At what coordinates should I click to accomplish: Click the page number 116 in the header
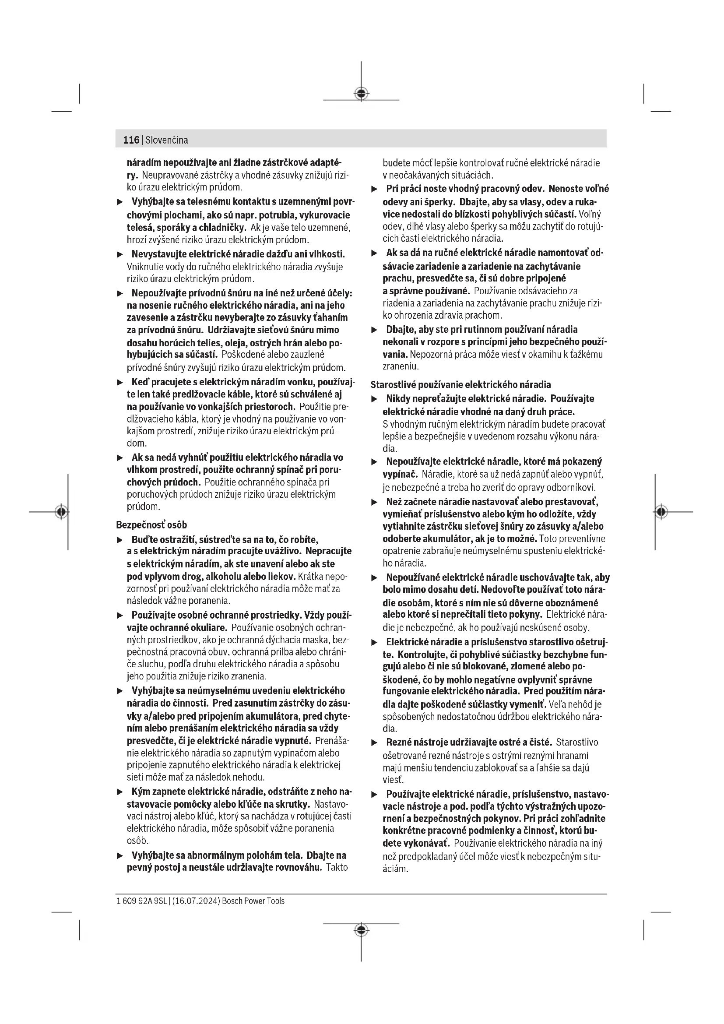[x=131, y=140]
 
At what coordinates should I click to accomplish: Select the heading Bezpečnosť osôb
[x=151, y=524]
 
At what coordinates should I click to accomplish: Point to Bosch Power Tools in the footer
[x=253, y=901]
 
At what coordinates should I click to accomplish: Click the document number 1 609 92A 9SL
[x=141, y=901]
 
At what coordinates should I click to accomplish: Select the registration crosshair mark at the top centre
[x=361, y=93]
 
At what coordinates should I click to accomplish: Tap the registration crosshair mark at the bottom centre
[x=361, y=930]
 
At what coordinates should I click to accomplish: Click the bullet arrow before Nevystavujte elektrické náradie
[x=119, y=255]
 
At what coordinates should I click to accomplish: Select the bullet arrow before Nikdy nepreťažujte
[x=375, y=399]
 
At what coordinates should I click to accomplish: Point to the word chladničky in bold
[x=223, y=228]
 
